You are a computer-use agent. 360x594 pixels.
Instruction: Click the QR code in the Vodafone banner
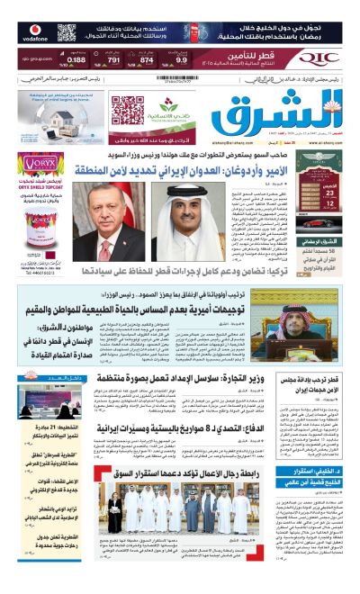[x=67, y=33]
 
